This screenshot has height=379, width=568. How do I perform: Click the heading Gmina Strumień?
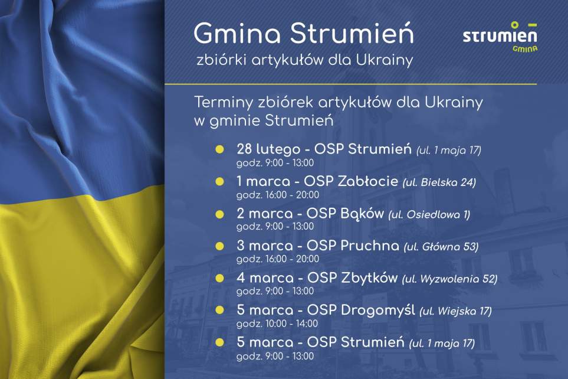[303, 34]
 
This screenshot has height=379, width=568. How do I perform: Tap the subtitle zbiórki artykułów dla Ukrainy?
[305, 61]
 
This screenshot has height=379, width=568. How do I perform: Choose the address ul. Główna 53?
[441, 246]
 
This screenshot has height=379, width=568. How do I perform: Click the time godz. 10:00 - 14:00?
[277, 324]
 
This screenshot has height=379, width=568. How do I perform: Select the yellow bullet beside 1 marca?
[219, 181]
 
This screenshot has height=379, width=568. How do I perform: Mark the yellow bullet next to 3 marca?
[219, 246]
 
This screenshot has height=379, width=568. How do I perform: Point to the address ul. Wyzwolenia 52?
[450, 279]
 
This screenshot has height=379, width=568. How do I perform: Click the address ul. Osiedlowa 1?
[429, 214]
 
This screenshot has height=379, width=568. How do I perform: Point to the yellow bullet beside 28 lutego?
[219, 149]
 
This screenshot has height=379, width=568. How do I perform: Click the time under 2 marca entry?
[274, 227]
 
